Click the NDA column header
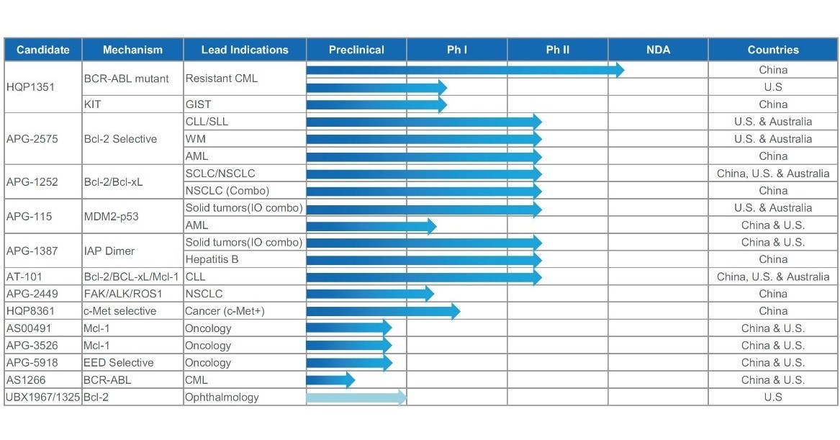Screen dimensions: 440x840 (x=658, y=50)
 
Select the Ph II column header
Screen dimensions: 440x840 (x=557, y=50)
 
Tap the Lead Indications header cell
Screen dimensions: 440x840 (x=245, y=50)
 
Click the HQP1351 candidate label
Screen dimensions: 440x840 (x=30, y=87)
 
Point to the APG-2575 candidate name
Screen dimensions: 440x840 (x=32, y=139)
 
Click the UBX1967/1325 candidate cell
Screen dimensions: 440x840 (x=42, y=398)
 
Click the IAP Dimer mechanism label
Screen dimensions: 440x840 (x=109, y=251)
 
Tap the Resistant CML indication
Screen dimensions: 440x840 (x=221, y=78)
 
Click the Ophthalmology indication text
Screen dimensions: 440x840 (x=222, y=398)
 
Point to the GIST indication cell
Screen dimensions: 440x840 (x=199, y=104)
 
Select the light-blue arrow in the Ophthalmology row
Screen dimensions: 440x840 (x=356, y=398)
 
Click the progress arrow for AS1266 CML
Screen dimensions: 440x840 (x=330, y=380)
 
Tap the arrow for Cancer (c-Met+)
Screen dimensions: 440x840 (x=382, y=311)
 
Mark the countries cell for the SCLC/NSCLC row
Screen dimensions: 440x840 (x=773, y=174)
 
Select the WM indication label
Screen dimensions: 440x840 (x=196, y=139)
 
